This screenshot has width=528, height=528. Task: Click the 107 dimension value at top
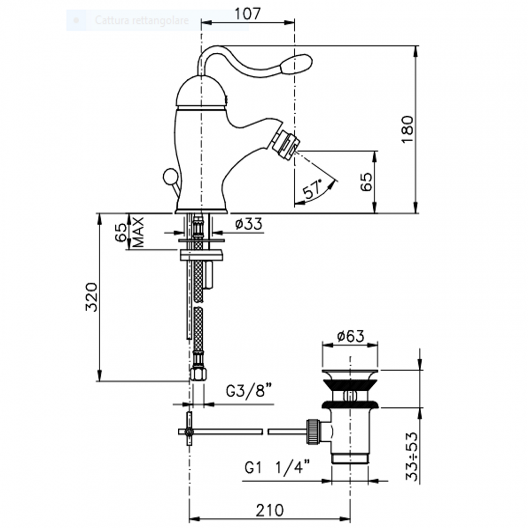(x=247, y=14)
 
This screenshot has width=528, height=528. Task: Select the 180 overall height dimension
(x=407, y=129)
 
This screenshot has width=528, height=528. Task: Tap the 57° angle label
(x=312, y=189)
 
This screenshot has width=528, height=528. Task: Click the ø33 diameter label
(x=249, y=224)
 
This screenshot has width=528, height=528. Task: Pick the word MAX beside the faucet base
(x=138, y=232)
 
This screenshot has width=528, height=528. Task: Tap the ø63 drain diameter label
(x=351, y=336)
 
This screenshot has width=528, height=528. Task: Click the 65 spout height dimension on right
(x=366, y=182)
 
